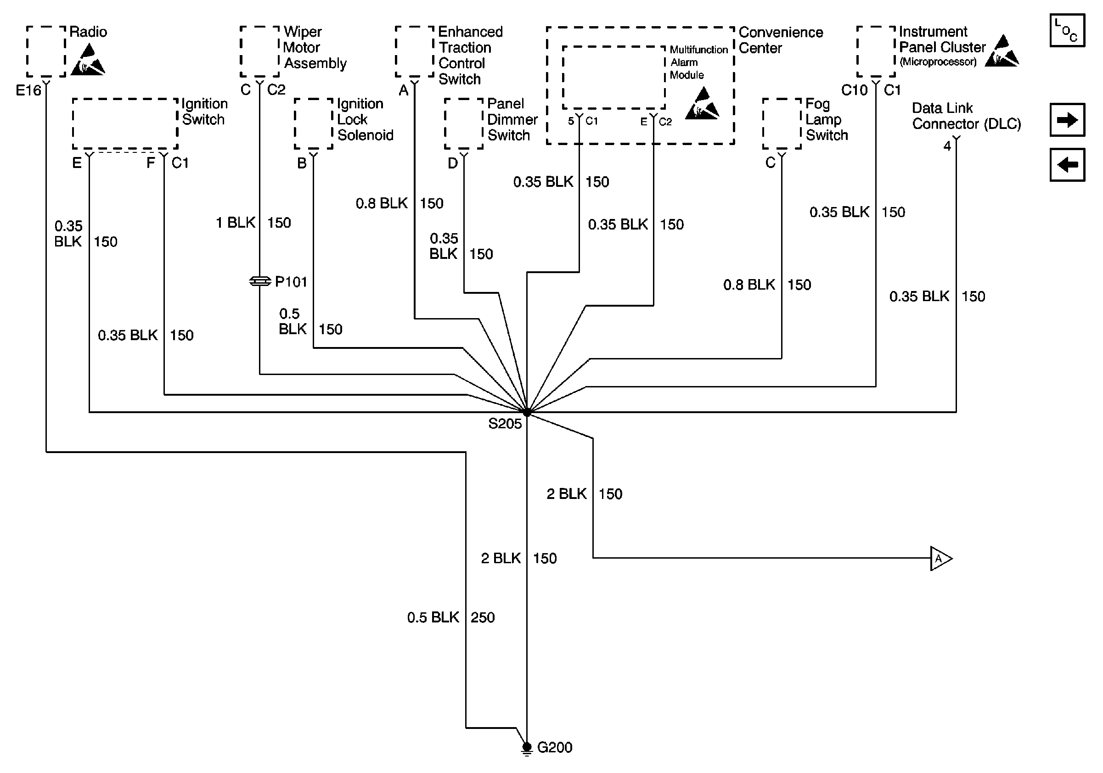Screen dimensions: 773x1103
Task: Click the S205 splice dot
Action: coord(527,412)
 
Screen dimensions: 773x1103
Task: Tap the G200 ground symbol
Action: coord(527,748)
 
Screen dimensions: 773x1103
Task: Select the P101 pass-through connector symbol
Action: coord(260,281)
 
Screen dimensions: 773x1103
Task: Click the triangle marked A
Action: coord(940,558)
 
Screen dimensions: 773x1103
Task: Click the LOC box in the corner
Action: coord(1067,31)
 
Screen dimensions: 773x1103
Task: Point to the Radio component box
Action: coord(46,51)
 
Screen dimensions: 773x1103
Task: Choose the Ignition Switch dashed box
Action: coord(125,124)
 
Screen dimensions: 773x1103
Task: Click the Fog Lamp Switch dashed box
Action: coord(782,124)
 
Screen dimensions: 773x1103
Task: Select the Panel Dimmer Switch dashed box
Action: coord(464,124)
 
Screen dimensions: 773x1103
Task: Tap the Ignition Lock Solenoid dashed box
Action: coord(313,124)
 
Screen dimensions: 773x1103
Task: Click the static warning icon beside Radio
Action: coord(88,60)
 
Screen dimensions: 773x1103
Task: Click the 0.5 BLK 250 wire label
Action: coord(450,617)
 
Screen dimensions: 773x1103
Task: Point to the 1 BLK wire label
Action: coord(236,223)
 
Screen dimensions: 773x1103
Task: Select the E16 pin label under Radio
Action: coord(28,90)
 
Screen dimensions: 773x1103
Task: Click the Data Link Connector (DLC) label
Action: coord(966,116)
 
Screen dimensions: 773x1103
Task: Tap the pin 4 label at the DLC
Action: coord(947,146)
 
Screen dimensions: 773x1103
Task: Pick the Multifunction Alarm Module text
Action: coord(698,62)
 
